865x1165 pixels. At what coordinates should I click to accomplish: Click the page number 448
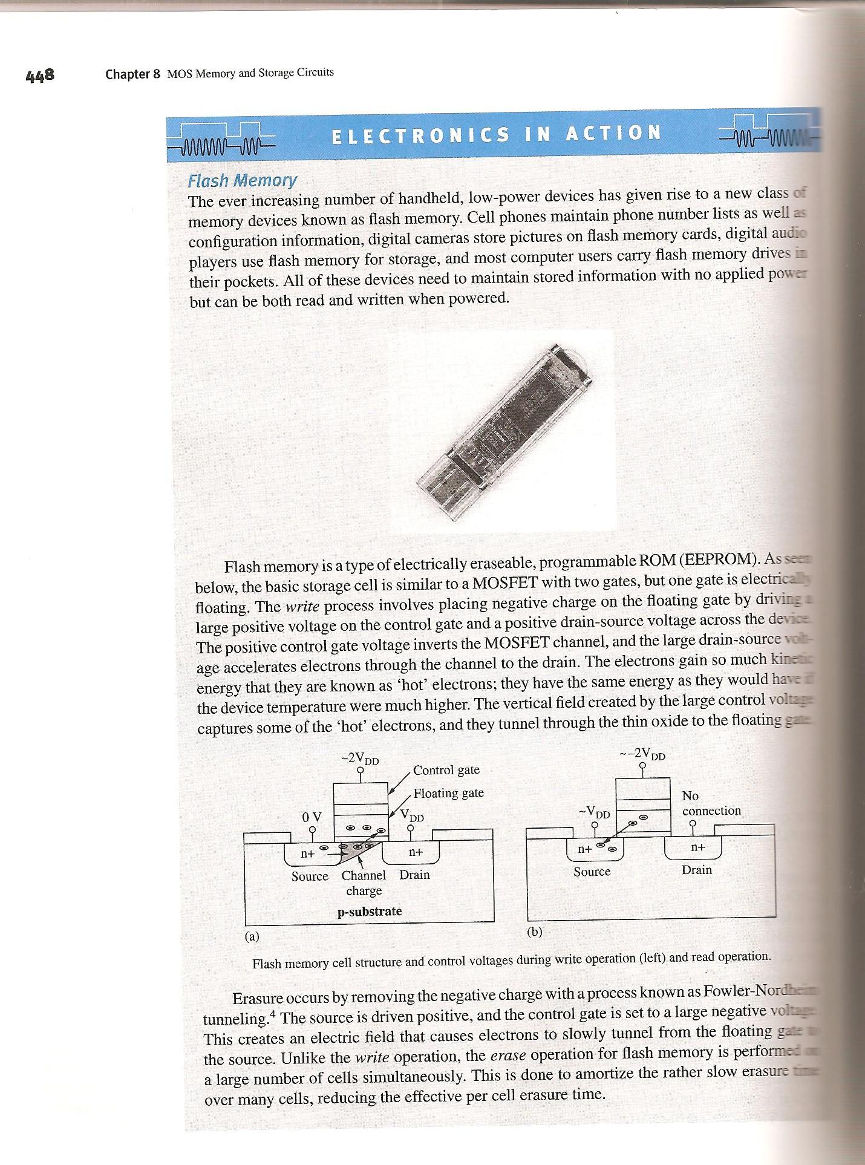click(x=41, y=76)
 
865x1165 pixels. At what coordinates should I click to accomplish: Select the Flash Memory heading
click(x=242, y=180)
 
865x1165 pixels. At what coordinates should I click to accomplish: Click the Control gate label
click(x=446, y=770)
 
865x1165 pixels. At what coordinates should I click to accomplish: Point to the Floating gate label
click(x=448, y=793)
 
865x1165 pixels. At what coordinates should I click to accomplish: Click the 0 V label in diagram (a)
click(x=312, y=817)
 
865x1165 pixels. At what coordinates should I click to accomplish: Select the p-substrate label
click(x=369, y=911)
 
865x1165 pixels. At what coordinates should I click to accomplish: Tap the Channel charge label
click(x=364, y=883)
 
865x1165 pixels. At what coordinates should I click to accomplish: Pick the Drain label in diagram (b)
click(x=697, y=870)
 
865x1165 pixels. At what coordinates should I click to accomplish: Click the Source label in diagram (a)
click(x=310, y=876)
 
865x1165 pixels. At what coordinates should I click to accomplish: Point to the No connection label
click(x=711, y=803)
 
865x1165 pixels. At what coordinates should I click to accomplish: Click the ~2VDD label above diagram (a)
click(x=360, y=759)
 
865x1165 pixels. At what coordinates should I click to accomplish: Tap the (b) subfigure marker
click(x=534, y=932)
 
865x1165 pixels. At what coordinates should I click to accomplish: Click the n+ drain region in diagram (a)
click(x=415, y=852)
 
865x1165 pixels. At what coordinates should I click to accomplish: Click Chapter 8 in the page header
click(x=132, y=74)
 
